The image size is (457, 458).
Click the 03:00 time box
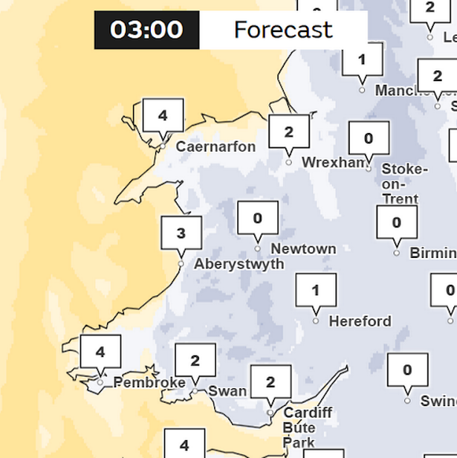click(146, 30)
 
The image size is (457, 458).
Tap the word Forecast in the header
click(282, 30)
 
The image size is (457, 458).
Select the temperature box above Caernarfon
click(163, 117)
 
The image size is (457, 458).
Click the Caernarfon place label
click(215, 146)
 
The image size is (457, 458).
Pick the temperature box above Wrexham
click(288, 133)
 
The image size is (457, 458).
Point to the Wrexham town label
click(334, 162)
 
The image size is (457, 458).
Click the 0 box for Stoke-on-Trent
click(369, 138)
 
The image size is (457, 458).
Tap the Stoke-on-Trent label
click(404, 184)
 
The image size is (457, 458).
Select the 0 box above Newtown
click(258, 219)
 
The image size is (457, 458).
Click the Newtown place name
click(303, 249)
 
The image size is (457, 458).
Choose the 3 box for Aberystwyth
click(181, 234)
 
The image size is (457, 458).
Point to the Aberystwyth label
click(239, 264)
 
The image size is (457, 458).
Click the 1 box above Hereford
click(316, 291)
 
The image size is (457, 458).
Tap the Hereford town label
click(360, 321)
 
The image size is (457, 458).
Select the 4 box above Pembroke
click(100, 352)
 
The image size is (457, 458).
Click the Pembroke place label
click(149, 383)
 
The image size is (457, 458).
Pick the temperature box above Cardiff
click(270, 382)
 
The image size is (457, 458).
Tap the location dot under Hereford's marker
click(316, 321)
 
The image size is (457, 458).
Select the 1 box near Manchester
click(362, 59)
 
